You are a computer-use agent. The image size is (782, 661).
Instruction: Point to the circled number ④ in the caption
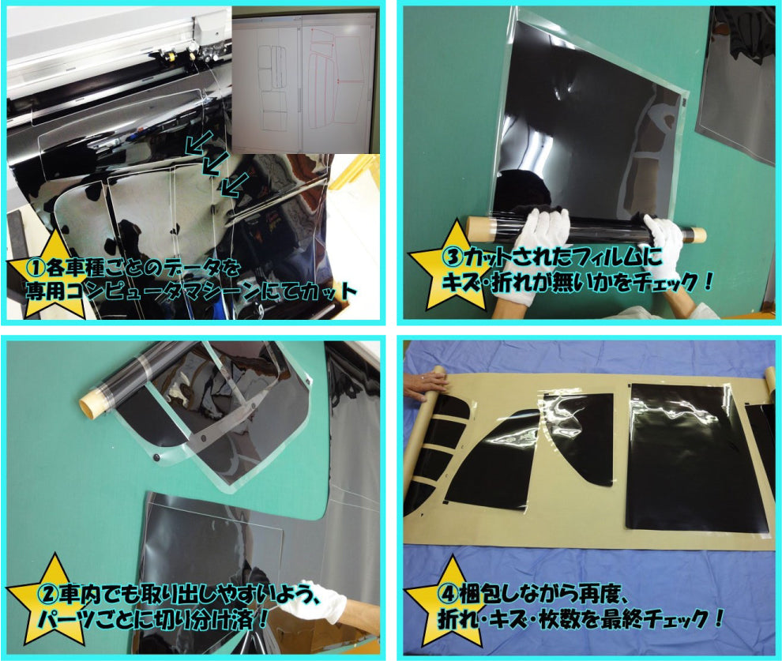[x=447, y=594]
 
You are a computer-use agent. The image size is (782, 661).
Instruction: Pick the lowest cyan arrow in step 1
[x=235, y=185]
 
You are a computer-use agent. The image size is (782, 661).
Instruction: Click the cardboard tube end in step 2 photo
[x=89, y=403]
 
